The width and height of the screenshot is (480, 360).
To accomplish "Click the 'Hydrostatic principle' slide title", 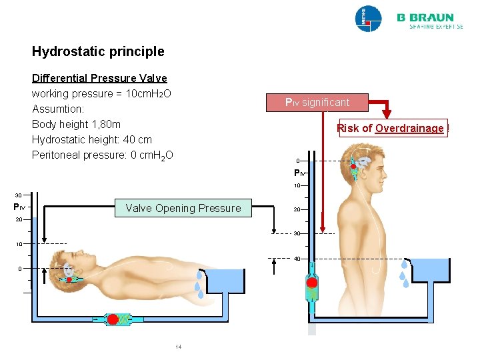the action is click(97, 51).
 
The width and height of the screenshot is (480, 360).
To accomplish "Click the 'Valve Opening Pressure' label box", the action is click(183, 208).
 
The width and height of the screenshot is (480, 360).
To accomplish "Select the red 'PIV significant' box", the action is click(317, 103).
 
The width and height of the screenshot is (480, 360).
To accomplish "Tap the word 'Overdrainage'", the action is click(409, 128).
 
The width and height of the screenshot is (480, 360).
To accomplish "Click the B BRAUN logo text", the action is click(425, 18).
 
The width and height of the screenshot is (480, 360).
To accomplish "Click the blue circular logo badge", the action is click(368, 19).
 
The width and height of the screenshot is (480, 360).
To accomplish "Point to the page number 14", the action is click(178, 347).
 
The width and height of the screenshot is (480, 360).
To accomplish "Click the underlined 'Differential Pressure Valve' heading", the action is click(99, 78).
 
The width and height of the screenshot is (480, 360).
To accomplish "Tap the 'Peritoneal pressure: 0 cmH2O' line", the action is click(102, 155).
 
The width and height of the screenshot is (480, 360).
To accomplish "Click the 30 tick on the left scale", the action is click(19, 195).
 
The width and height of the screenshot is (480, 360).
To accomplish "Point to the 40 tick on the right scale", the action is click(297, 258).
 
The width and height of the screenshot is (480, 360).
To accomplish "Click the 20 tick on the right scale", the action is click(297, 209).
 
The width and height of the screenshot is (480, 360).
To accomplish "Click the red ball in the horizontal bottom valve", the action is click(113, 319).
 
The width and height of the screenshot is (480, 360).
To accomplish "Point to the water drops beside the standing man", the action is click(405, 273).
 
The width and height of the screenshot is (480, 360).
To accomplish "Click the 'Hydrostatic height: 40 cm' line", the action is click(91, 140).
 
